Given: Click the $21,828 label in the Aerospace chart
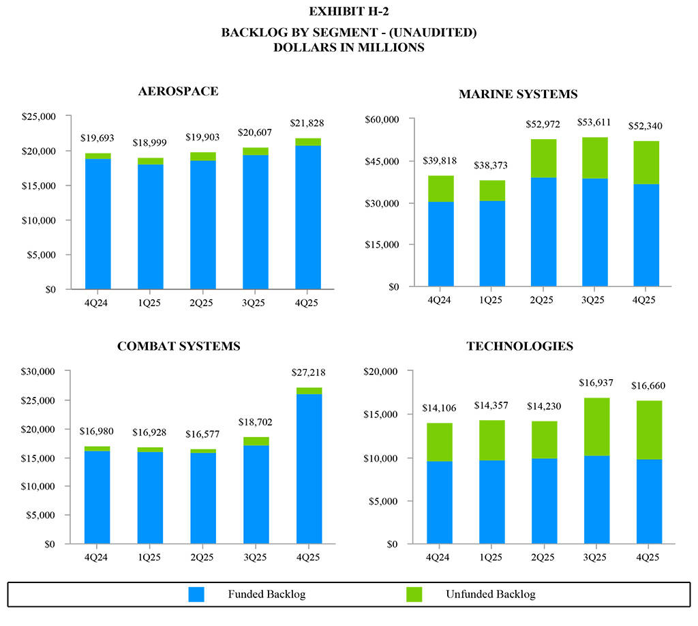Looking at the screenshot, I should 308,123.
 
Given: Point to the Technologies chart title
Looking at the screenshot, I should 519,346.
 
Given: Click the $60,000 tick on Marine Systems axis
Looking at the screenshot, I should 381,119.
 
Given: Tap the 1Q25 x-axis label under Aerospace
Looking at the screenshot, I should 150,302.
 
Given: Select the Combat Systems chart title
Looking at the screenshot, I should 179,346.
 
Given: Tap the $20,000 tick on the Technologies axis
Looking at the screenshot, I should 381,372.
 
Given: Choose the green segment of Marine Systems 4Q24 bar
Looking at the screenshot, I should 441,189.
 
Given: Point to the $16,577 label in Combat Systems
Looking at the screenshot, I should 203,434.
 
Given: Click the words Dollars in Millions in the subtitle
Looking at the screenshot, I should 348,48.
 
